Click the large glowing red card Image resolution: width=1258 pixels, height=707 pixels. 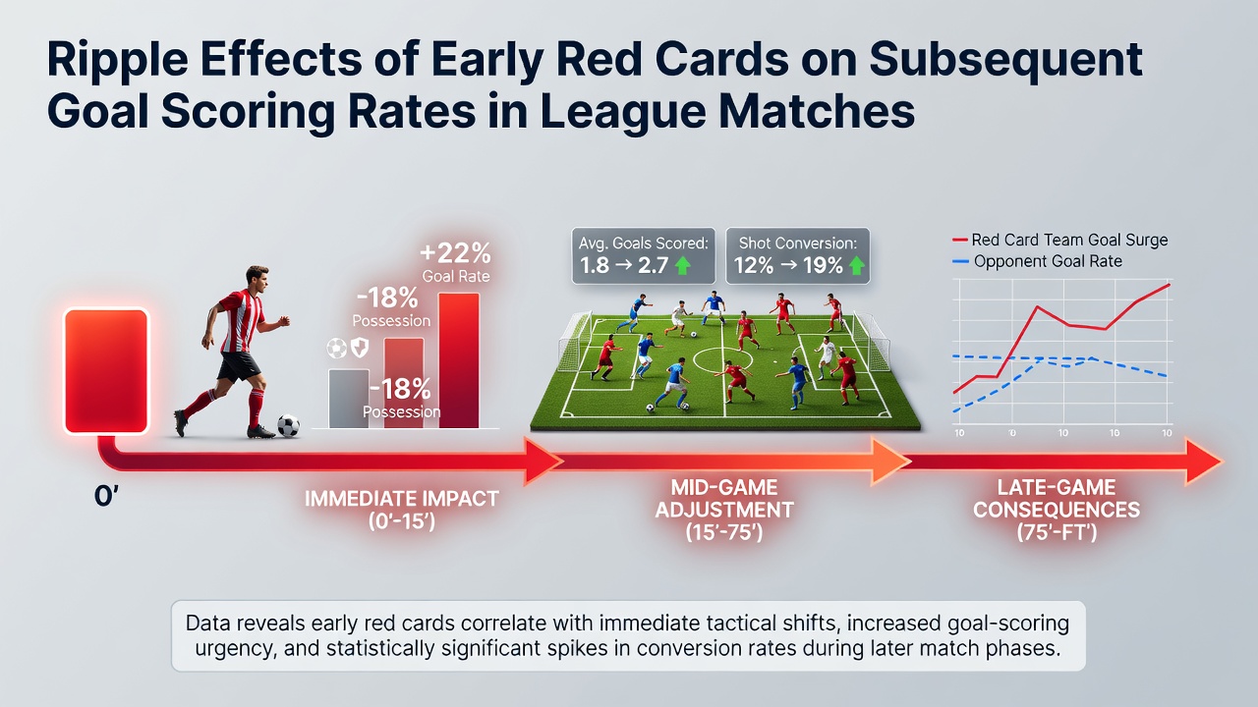tap(106, 371)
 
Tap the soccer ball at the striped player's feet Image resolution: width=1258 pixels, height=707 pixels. tap(288, 425)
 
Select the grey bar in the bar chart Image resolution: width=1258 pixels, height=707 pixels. tap(349, 399)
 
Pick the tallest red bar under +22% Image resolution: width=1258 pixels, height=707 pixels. tap(459, 360)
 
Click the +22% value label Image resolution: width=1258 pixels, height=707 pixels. tap(455, 253)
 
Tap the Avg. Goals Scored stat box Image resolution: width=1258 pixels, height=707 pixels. tap(644, 256)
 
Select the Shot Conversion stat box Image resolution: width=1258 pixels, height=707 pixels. tap(797, 256)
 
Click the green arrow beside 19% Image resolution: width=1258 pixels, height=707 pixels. tap(856, 265)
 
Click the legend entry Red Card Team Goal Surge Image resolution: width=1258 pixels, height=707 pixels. tap(1060, 241)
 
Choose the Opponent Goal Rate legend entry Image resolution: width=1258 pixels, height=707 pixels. tap(1037, 261)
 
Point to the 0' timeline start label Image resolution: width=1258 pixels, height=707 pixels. tap(106, 497)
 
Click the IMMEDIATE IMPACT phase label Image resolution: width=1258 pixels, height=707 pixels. tap(402, 510)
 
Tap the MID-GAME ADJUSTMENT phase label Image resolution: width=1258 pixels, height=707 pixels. tap(724, 510)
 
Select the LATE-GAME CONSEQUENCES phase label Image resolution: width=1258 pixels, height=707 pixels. tap(1057, 510)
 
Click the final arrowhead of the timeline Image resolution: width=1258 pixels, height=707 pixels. tap(1202, 462)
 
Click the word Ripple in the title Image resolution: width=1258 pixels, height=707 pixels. tap(117, 59)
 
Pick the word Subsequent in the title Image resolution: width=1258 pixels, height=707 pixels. tap(1005, 59)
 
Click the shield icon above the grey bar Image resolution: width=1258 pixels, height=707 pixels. tap(360, 348)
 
